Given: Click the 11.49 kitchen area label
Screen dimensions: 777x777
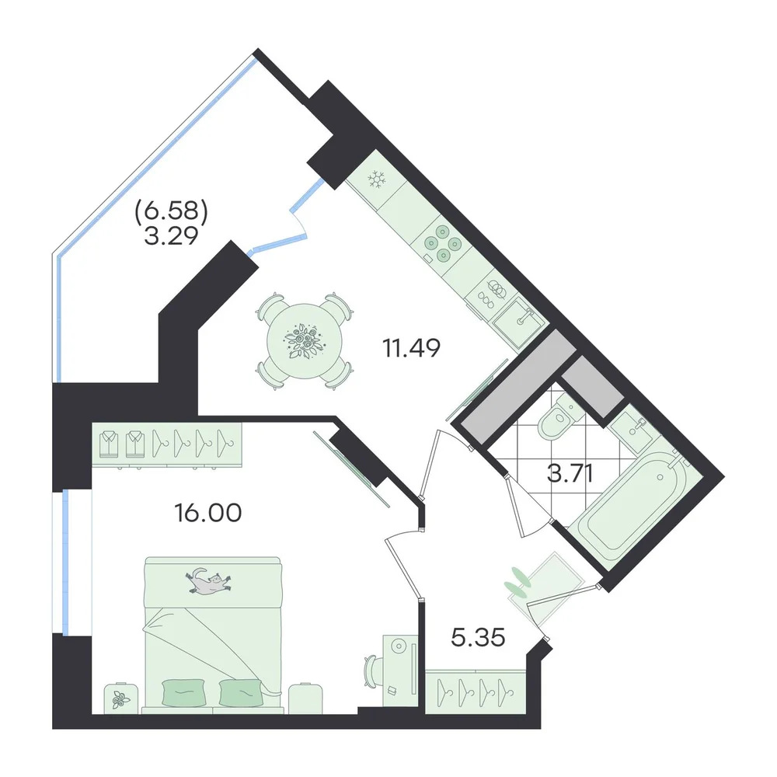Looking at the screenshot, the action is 411,348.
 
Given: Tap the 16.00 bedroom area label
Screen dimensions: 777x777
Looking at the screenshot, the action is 208,513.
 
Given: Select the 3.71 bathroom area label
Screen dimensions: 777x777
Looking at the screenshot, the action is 570,473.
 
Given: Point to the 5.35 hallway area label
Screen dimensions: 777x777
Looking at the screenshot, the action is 478,637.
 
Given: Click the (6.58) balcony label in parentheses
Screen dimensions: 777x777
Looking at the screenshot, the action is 172,212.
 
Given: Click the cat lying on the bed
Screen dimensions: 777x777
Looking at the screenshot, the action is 208,580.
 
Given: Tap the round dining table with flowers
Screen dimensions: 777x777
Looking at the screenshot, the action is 305,341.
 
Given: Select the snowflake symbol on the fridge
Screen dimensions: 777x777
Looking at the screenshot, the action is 377,179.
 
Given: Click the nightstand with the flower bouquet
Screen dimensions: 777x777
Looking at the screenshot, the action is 120,699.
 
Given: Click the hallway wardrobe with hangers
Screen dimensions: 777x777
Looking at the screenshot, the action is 476,692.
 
